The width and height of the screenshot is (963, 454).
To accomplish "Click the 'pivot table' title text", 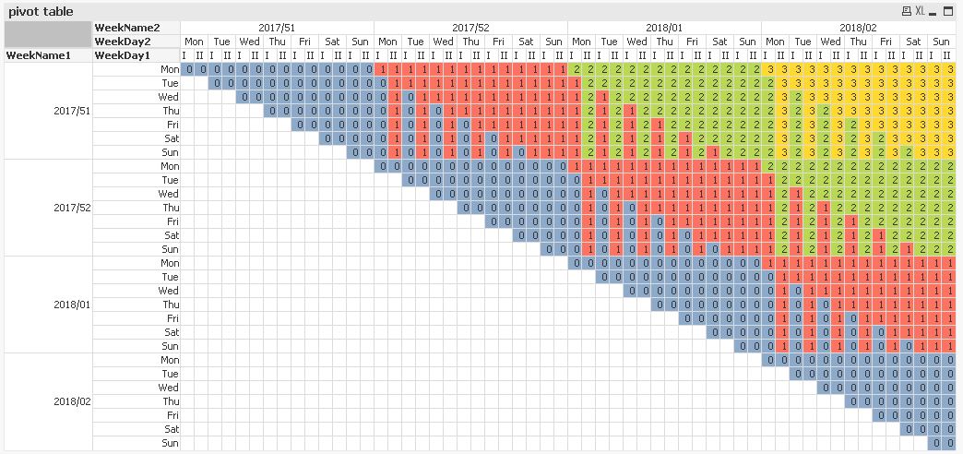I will pos(41,11).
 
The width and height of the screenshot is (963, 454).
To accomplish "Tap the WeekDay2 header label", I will pos(125,42).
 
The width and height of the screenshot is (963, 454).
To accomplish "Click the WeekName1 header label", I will pos(38,55).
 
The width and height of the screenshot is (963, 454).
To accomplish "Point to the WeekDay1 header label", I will pos(125,55).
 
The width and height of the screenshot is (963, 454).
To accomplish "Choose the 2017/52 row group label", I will pos(72,208).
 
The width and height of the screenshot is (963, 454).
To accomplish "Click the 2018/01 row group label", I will pos(72,305).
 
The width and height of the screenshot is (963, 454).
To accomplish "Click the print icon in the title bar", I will pos(907,11).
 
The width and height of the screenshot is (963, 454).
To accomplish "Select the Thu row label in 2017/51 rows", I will pos(170,111).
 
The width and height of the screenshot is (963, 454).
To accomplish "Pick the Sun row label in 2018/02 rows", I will pos(170,443).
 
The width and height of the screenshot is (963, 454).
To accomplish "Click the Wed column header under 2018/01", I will pos(636,42).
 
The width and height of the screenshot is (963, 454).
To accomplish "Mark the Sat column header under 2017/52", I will pos(526,42).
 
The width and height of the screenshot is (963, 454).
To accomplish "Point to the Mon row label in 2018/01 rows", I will pos(170,263).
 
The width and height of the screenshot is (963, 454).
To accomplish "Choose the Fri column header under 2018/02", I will pos(886,42).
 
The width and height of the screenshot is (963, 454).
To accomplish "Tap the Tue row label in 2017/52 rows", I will pos(170,180).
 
